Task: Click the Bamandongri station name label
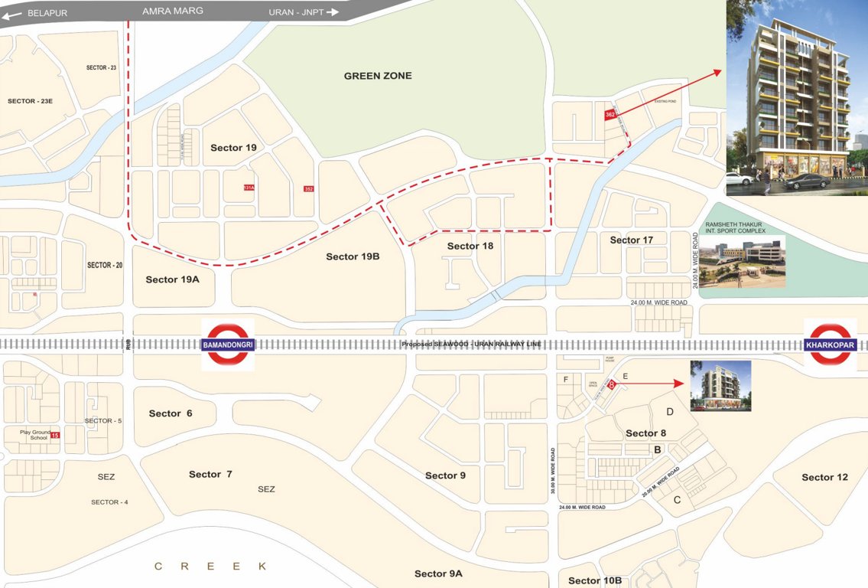click(227, 346)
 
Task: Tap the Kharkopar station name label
click(831, 345)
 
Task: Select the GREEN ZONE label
click(378, 76)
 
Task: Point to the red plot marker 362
click(610, 115)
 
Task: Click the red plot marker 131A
click(248, 188)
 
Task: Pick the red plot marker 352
click(309, 189)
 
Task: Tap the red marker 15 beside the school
click(55, 436)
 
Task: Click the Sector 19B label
click(353, 256)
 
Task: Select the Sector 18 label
click(470, 246)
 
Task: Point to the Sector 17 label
click(631, 240)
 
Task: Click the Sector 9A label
click(438, 573)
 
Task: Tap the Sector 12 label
click(824, 477)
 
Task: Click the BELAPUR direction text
click(47, 13)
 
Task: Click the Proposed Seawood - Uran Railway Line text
click(473, 345)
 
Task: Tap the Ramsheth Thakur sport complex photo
click(742, 261)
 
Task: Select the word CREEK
click(210, 566)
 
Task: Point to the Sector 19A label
click(172, 279)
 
